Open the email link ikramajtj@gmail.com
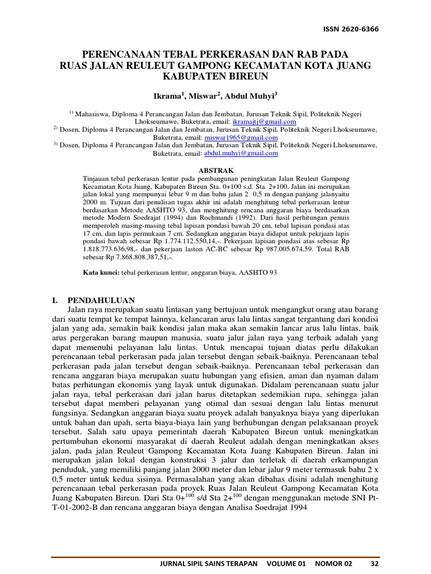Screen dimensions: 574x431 (x=265, y=121)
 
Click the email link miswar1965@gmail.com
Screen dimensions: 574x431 (x=249, y=137)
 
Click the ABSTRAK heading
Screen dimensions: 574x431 (x=215, y=169)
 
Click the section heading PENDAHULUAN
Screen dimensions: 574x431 (x=101, y=300)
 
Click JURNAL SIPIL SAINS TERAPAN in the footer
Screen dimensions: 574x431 (x=209, y=563)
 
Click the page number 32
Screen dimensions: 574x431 (x=375, y=563)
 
